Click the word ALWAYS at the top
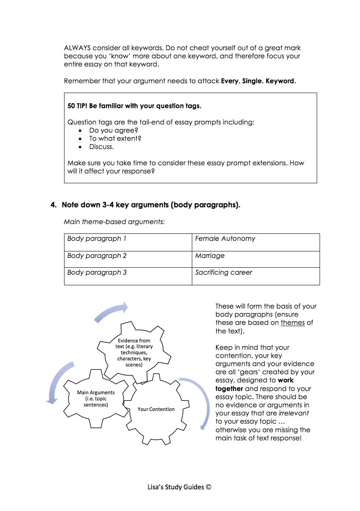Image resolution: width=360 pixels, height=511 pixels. click(x=77, y=48)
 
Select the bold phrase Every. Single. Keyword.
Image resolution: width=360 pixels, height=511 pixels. click(x=258, y=81)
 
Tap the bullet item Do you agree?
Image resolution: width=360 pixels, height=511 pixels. click(x=114, y=131)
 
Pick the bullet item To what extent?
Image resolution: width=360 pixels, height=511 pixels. click(x=115, y=139)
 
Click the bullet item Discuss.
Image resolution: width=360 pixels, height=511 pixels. click(x=102, y=147)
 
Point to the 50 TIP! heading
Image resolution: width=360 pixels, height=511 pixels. click(x=134, y=106)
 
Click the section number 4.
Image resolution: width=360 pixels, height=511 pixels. click(x=53, y=205)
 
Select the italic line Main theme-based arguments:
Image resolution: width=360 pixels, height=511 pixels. click(x=114, y=222)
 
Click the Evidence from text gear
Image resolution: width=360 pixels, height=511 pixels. click(x=133, y=352)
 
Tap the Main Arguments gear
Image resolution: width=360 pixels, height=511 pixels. click(x=96, y=398)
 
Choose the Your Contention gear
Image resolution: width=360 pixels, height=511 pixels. click(x=156, y=409)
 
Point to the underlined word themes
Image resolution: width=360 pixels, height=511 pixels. click(x=293, y=323)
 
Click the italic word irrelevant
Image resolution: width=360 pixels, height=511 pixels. click(x=293, y=413)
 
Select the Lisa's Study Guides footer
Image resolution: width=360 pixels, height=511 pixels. click(x=180, y=487)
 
